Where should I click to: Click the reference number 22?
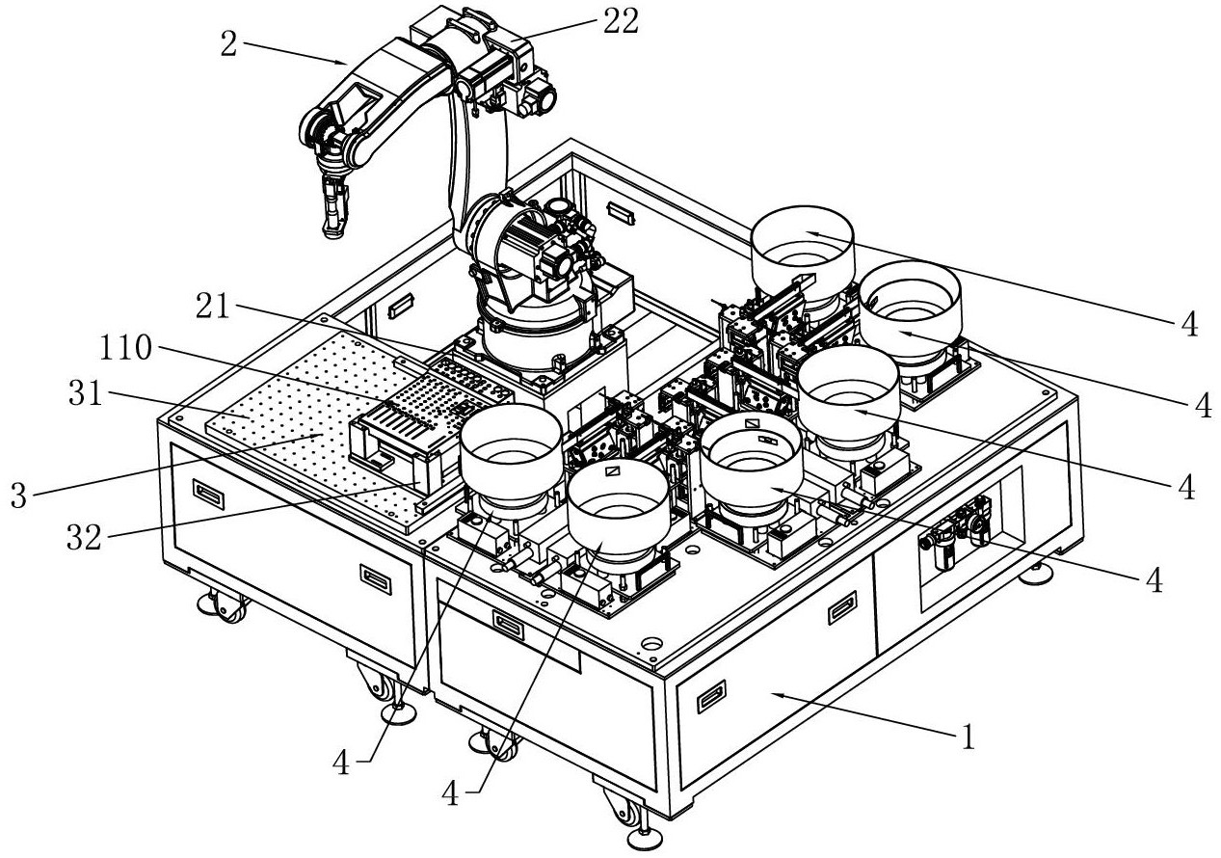point(620,20)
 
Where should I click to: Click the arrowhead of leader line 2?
point(350,63)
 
